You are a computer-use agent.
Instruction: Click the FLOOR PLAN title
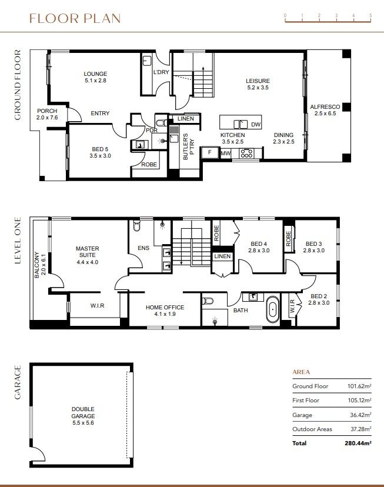[x=75, y=18]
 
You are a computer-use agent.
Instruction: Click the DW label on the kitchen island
[x=255, y=125]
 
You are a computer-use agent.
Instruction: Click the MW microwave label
[x=225, y=154]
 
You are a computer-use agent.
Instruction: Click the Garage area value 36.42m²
[x=359, y=415]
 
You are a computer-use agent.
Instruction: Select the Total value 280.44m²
[x=358, y=443]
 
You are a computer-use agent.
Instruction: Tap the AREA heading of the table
[x=301, y=372]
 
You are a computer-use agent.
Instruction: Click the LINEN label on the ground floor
[x=185, y=119]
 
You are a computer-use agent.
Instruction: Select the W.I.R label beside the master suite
[x=98, y=305]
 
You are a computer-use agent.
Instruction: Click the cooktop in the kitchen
[x=246, y=154]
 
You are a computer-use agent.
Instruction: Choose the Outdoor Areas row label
[x=312, y=429]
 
